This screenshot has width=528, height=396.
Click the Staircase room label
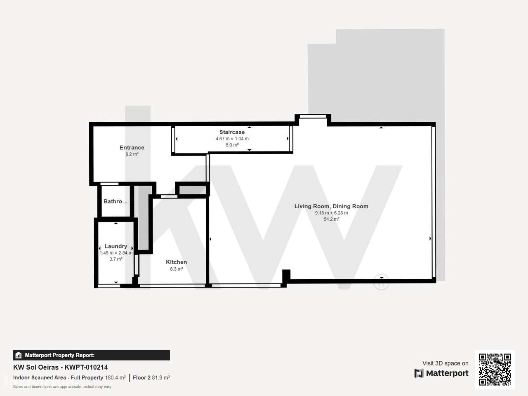coord(232,132)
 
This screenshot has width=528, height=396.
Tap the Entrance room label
coord(132,148)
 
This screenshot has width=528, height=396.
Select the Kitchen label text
coord(176,262)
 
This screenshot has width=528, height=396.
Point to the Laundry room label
coord(115,246)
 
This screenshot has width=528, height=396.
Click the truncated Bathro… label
coord(115,201)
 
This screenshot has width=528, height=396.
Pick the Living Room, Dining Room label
coord(331,206)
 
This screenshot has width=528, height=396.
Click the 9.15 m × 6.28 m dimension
coord(331,213)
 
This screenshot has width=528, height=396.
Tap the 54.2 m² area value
coord(331,219)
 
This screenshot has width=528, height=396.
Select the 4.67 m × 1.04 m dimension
coord(232,139)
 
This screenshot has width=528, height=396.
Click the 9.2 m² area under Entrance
coord(132,154)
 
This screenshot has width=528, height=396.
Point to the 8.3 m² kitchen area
coord(176,269)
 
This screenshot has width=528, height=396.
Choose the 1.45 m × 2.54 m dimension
coord(116,253)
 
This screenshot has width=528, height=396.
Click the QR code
coord(495,370)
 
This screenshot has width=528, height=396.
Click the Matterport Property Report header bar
coord(92,355)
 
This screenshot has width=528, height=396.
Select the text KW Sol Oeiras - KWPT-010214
coord(61,367)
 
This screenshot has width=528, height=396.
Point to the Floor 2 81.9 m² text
coord(151,377)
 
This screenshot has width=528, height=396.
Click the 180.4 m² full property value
coord(115,377)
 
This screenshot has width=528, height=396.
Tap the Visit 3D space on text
coord(445,363)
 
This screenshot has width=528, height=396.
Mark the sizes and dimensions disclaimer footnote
coord(62,387)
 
